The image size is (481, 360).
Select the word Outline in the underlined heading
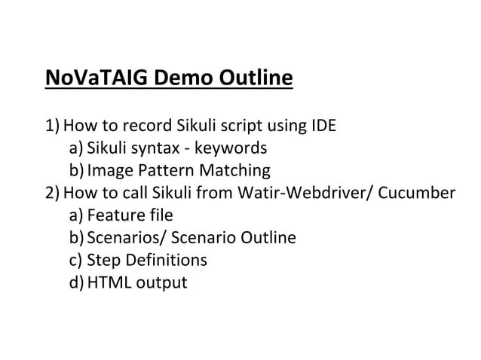(256, 78)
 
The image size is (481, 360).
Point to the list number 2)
(55, 194)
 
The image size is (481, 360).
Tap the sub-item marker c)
(76, 261)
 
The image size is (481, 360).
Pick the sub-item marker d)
(77, 284)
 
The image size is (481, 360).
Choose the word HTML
(109, 284)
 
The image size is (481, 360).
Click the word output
(161, 285)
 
